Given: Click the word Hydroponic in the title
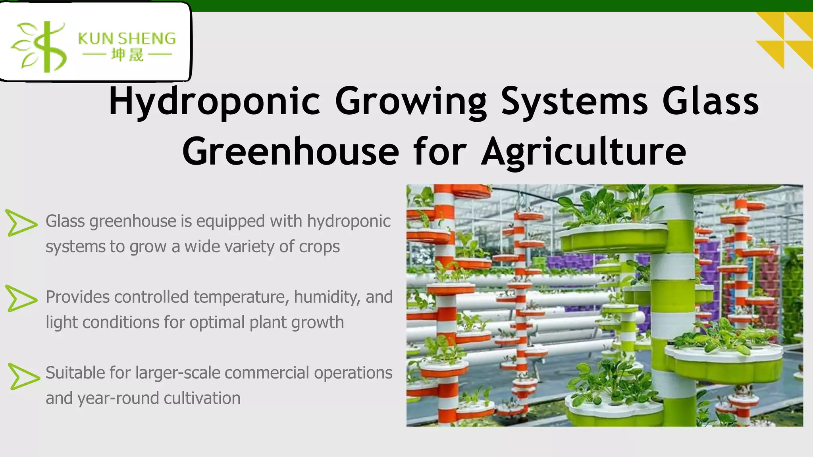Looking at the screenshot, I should pos(214,102).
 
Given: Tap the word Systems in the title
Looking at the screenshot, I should pos(574,102).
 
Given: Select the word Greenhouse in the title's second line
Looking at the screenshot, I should pos(291,152).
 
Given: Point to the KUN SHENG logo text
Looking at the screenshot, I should pos(127,39).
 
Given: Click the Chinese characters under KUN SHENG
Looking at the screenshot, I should pos(127,55).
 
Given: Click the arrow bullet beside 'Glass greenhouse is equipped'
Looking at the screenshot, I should pos(21,223).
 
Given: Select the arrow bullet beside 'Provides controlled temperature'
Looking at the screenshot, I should pos(21,298).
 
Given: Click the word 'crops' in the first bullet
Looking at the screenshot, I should pos(319,247).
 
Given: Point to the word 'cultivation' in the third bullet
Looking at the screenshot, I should pos(202,398).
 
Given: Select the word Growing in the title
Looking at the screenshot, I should pos(410,102).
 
